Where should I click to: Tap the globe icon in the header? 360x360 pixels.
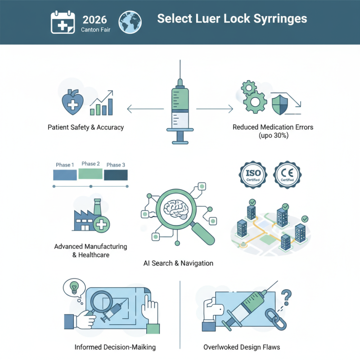(x=130, y=22)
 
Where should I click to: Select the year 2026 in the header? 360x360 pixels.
(x=95, y=19)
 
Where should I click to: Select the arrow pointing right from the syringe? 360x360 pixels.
(x=215, y=108)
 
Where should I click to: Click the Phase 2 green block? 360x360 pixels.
(x=90, y=174)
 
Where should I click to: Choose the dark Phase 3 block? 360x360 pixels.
(x=116, y=175)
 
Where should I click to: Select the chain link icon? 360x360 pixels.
(x=271, y=317)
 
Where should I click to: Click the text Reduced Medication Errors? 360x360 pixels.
(x=273, y=127)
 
